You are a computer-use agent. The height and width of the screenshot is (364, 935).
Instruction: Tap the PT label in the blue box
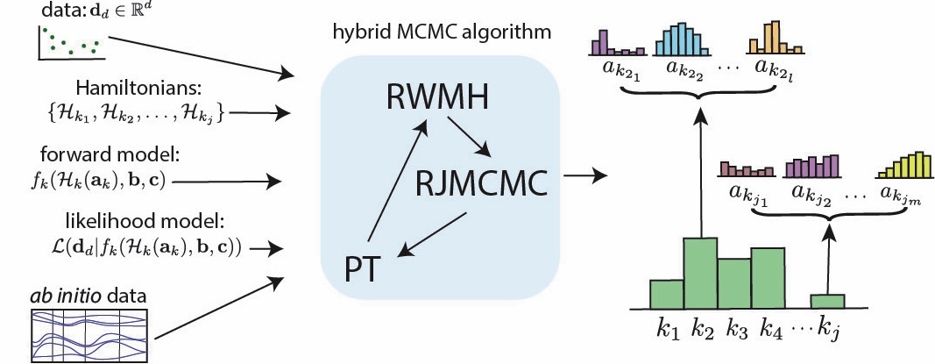[x=362, y=266]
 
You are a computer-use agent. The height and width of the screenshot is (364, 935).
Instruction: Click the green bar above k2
[x=699, y=272]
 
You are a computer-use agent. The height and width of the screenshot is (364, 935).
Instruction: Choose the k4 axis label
[x=770, y=332]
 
